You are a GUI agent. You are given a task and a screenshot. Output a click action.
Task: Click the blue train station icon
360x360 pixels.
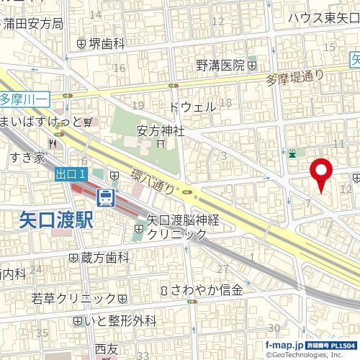pyautogui.click(x=106, y=196)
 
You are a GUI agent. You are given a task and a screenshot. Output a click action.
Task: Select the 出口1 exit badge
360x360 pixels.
pyautogui.click(x=71, y=174)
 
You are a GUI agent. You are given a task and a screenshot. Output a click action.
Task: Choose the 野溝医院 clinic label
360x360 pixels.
pyautogui.click(x=221, y=66)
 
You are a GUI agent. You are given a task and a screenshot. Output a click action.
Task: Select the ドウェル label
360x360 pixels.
pyautogui.click(x=192, y=107)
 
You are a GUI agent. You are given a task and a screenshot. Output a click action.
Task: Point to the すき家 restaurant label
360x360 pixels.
pyautogui.click(x=27, y=157)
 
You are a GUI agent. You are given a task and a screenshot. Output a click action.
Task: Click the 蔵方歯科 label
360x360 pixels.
pyautogui.click(x=104, y=257)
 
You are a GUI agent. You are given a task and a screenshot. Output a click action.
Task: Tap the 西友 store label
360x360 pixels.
pyautogui.click(x=105, y=349)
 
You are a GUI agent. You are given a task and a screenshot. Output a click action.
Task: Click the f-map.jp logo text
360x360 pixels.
pyautogui.click(x=284, y=346)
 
